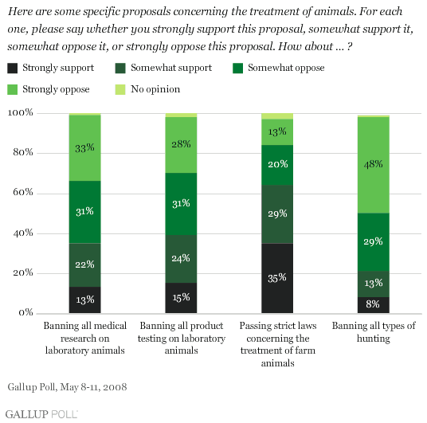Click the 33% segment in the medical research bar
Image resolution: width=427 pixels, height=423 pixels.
click(84, 148)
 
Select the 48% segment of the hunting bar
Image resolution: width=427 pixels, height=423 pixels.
click(374, 165)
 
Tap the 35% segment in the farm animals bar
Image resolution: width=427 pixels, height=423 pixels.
click(277, 278)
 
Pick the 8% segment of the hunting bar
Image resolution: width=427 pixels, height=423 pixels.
click(374, 305)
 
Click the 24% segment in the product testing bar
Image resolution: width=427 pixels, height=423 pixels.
click(181, 259)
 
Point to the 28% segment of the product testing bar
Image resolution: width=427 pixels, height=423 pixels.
click(181, 145)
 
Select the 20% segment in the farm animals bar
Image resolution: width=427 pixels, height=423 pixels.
click(277, 165)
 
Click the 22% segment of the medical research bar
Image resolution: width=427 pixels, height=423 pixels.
click(84, 265)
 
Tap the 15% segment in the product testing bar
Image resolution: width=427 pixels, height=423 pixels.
click(181, 298)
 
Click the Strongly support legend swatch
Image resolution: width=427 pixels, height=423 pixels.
click(13, 68)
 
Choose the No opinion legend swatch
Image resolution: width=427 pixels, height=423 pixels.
click(120, 89)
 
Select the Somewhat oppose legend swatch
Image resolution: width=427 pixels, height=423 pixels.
click(237, 68)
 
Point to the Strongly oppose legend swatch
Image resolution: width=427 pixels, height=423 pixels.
click(13, 89)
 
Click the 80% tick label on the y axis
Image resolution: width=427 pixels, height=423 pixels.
click(23, 152)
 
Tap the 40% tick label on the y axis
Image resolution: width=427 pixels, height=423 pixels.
click(23, 233)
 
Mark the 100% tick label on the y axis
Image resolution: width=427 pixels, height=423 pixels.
click(20, 112)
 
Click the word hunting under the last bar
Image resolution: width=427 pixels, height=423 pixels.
click(374, 339)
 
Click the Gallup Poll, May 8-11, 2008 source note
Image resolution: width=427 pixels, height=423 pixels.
click(67, 387)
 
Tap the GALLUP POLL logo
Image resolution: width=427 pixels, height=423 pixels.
click(41, 414)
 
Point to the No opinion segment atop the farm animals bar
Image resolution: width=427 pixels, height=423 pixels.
click(277, 116)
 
